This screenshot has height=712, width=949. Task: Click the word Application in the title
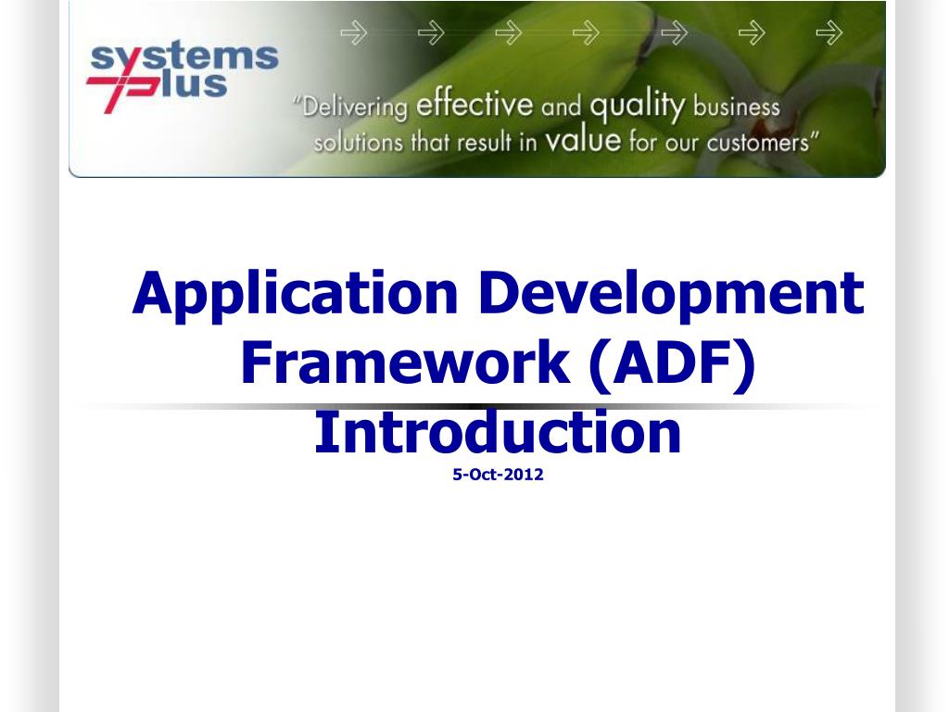pos(295,295)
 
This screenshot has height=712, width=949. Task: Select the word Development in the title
pos(674,293)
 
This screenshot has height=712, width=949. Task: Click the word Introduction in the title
pos(498,432)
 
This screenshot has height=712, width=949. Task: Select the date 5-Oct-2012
pos(498,476)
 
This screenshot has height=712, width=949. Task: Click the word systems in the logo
pos(183,57)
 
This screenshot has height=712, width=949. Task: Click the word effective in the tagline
pos(474,105)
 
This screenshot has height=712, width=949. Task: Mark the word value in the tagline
pos(583,142)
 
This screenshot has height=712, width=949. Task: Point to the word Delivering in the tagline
pos(355,108)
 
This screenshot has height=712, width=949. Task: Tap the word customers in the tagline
pos(759,144)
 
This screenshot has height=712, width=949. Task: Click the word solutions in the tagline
pos(359,145)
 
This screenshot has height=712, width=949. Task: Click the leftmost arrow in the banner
pos(353,34)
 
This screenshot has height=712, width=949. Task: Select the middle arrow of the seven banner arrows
pos(586,34)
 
